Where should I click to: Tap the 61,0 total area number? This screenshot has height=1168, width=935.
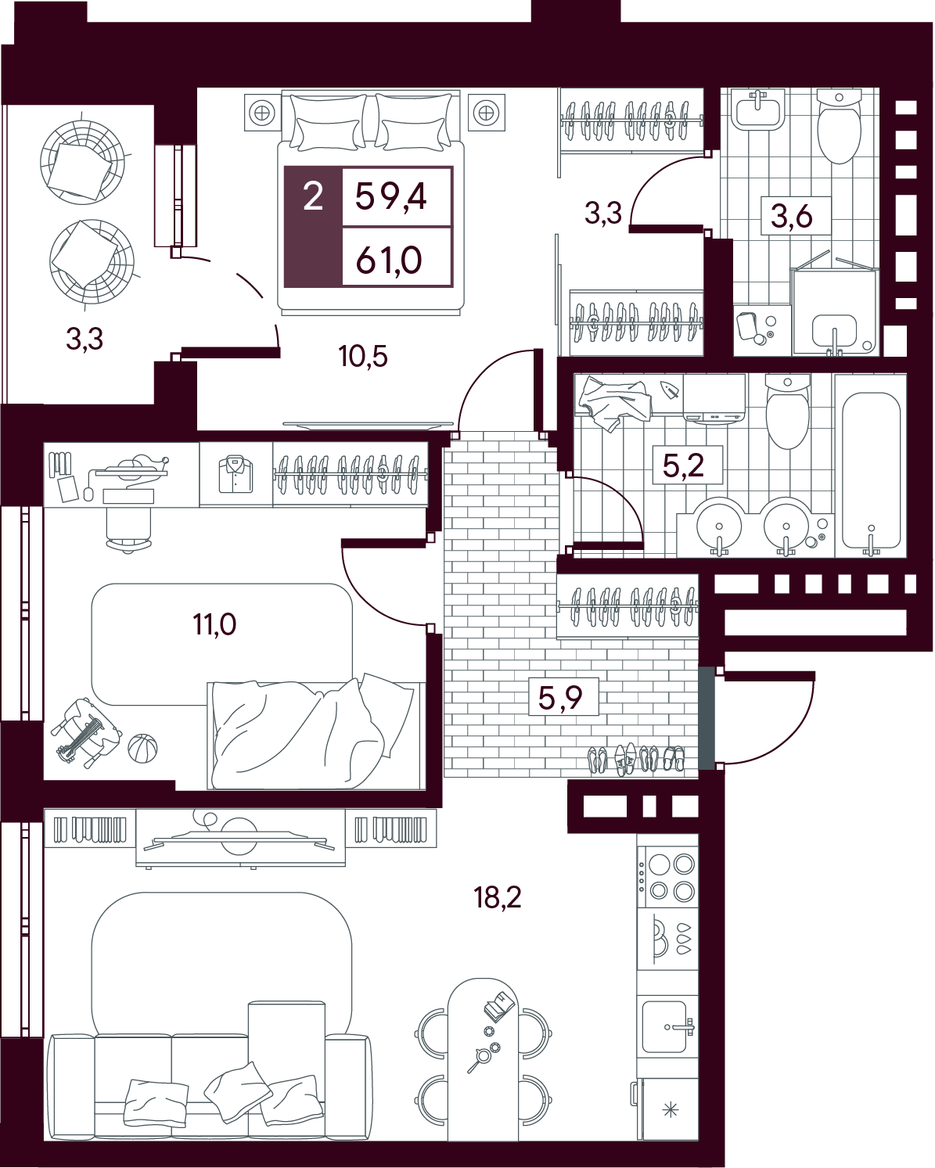click(389, 261)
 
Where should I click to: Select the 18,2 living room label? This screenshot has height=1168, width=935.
click(498, 897)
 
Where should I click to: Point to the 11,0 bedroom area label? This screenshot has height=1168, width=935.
click(214, 624)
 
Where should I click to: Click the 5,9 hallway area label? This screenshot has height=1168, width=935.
click(560, 697)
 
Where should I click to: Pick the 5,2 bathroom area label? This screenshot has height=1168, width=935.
click(684, 465)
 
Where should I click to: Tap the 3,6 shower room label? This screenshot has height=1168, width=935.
click(792, 216)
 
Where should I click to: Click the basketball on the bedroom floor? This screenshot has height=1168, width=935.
click(142, 749)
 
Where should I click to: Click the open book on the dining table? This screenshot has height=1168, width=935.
click(499, 1006)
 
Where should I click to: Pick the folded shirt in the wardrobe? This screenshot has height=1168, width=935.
click(236, 474)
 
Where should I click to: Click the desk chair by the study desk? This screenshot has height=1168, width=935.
click(128, 529)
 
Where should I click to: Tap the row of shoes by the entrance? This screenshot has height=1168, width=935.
click(636, 758)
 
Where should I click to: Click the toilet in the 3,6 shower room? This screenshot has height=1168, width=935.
click(839, 126)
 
